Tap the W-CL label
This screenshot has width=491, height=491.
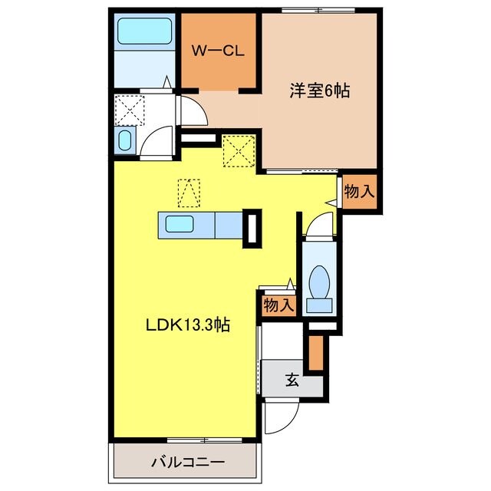coord(218,52)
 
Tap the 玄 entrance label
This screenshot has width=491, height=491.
coord(293,379)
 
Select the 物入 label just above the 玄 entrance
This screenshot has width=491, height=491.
coord(278,305)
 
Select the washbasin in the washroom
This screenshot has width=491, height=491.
coord(126,140)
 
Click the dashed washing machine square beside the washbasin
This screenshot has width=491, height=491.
coord(128,107)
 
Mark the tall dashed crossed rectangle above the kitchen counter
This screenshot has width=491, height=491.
coord(188,193)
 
